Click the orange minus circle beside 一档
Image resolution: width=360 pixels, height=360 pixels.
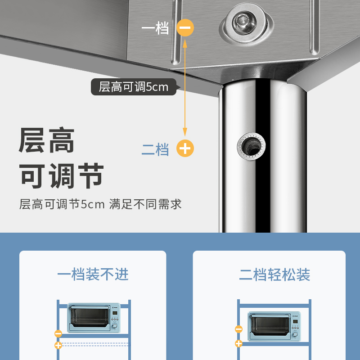tap(185, 27)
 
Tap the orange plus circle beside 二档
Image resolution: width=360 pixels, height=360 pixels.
tap(185, 148)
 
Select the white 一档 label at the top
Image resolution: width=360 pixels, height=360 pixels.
tap(155, 28)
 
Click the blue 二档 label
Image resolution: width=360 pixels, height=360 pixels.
tap(155, 149)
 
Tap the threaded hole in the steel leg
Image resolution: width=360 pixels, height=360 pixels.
tap(252, 146)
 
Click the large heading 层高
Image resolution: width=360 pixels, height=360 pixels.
tap(47, 140)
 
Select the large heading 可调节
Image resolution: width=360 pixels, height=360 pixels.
tap(61, 175)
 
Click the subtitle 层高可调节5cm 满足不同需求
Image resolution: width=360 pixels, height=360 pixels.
tap(100, 204)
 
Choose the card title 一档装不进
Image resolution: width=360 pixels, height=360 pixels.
tap(93, 274)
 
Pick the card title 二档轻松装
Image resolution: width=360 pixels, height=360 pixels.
tap(274, 274)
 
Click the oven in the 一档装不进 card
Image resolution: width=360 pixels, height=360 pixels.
tap(94, 318)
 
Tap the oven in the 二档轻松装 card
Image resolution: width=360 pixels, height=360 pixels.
tap(274, 326)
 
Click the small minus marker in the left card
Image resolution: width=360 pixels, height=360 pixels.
tap(58, 333)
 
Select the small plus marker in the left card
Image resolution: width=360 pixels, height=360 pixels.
tap(58, 345)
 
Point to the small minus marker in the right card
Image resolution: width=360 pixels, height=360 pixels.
tap(239, 329)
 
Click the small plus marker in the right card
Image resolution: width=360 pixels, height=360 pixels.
tap(239, 343)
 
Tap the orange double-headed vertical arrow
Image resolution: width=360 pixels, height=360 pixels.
tap(185, 88)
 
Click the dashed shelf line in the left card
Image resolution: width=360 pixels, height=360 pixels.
tap(95, 344)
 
